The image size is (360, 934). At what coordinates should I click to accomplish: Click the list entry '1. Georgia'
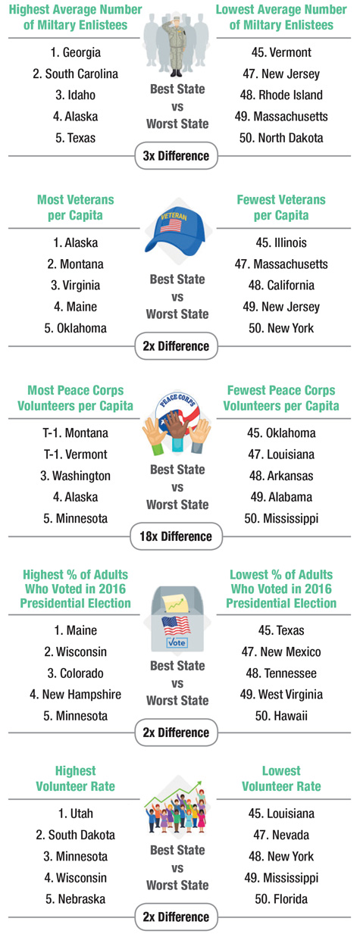tap(76, 52)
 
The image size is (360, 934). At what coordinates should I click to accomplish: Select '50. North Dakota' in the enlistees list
tap(281, 138)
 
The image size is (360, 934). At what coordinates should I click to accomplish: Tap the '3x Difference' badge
tap(176, 156)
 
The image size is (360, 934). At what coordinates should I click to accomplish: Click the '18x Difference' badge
tap(176, 536)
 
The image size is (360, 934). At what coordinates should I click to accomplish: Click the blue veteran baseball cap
tap(176, 232)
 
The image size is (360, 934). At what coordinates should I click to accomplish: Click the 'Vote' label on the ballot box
tap(177, 642)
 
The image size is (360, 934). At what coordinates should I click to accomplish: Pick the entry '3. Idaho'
tap(76, 95)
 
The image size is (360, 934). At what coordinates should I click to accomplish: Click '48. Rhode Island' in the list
tap(281, 95)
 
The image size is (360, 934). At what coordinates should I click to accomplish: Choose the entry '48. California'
tap(281, 286)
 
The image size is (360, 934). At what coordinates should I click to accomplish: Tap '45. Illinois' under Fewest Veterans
tap(281, 242)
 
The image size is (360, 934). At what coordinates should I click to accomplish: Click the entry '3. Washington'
tap(76, 476)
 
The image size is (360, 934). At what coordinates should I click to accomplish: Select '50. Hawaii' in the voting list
tap(281, 716)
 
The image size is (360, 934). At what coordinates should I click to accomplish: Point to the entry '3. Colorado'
tap(76, 673)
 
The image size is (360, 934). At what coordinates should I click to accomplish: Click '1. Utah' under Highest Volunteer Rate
tap(76, 814)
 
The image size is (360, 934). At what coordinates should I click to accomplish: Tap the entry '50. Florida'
tap(281, 899)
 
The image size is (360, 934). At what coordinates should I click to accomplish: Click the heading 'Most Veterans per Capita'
tap(76, 208)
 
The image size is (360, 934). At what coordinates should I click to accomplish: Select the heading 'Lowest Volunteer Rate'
tap(281, 779)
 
